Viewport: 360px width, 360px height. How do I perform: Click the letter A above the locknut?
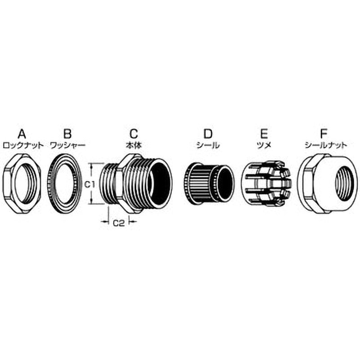coord(21,133)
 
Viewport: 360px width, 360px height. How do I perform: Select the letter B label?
coord(67,133)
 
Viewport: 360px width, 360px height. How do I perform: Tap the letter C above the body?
coord(134,133)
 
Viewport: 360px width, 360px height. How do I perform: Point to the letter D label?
coord(207,133)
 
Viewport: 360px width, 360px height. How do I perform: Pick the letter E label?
coord(264,133)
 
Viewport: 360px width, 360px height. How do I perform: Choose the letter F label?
coord(322,133)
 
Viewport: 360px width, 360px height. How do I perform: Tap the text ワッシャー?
coord(67,145)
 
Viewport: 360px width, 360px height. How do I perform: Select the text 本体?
coord(134,145)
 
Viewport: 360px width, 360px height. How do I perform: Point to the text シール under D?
coord(208,145)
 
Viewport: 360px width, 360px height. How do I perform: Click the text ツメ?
coord(264,145)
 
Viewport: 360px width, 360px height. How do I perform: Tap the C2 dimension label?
coord(118,222)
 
